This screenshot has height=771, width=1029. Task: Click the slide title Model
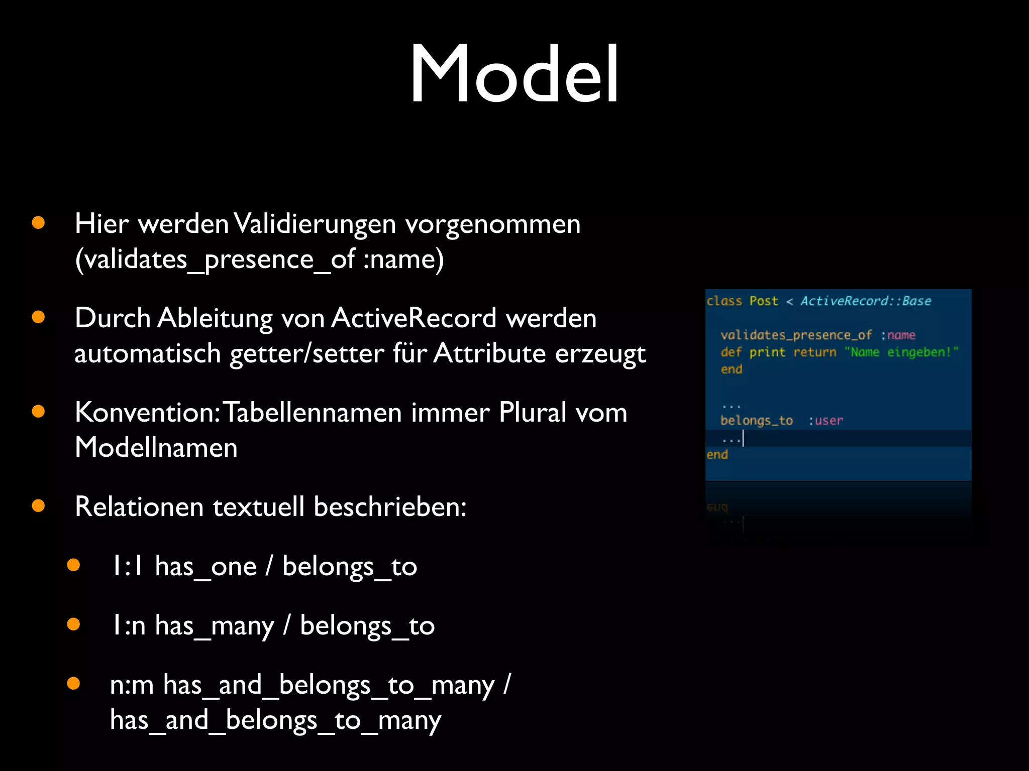click(x=514, y=74)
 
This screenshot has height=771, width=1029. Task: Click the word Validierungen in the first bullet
click(x=315, y=224)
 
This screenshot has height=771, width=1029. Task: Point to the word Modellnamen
click(x=156, y=448)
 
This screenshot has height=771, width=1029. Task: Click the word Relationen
click(x=139, y=507)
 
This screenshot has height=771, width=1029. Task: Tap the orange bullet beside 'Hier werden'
click(x=38, y=223)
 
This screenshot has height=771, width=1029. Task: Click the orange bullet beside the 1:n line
click(x=73, y=624)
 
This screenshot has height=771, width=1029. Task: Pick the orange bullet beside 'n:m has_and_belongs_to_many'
click(x=73, y=684)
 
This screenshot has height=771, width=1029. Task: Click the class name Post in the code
click(x=763, y=301)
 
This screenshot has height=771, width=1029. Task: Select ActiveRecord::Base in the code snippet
click(x=865, y=301)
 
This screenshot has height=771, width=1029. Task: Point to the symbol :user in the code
click(x=826, y=421)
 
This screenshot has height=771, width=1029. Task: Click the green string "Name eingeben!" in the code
click(x=901, y=352)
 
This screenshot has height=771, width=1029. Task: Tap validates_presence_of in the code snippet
click(x=796, y=335)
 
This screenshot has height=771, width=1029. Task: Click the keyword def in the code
click(x=731, y=352)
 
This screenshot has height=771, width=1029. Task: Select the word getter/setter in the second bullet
click(x=306, y=354)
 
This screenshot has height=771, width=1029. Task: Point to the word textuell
click(x=258, y=507)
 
